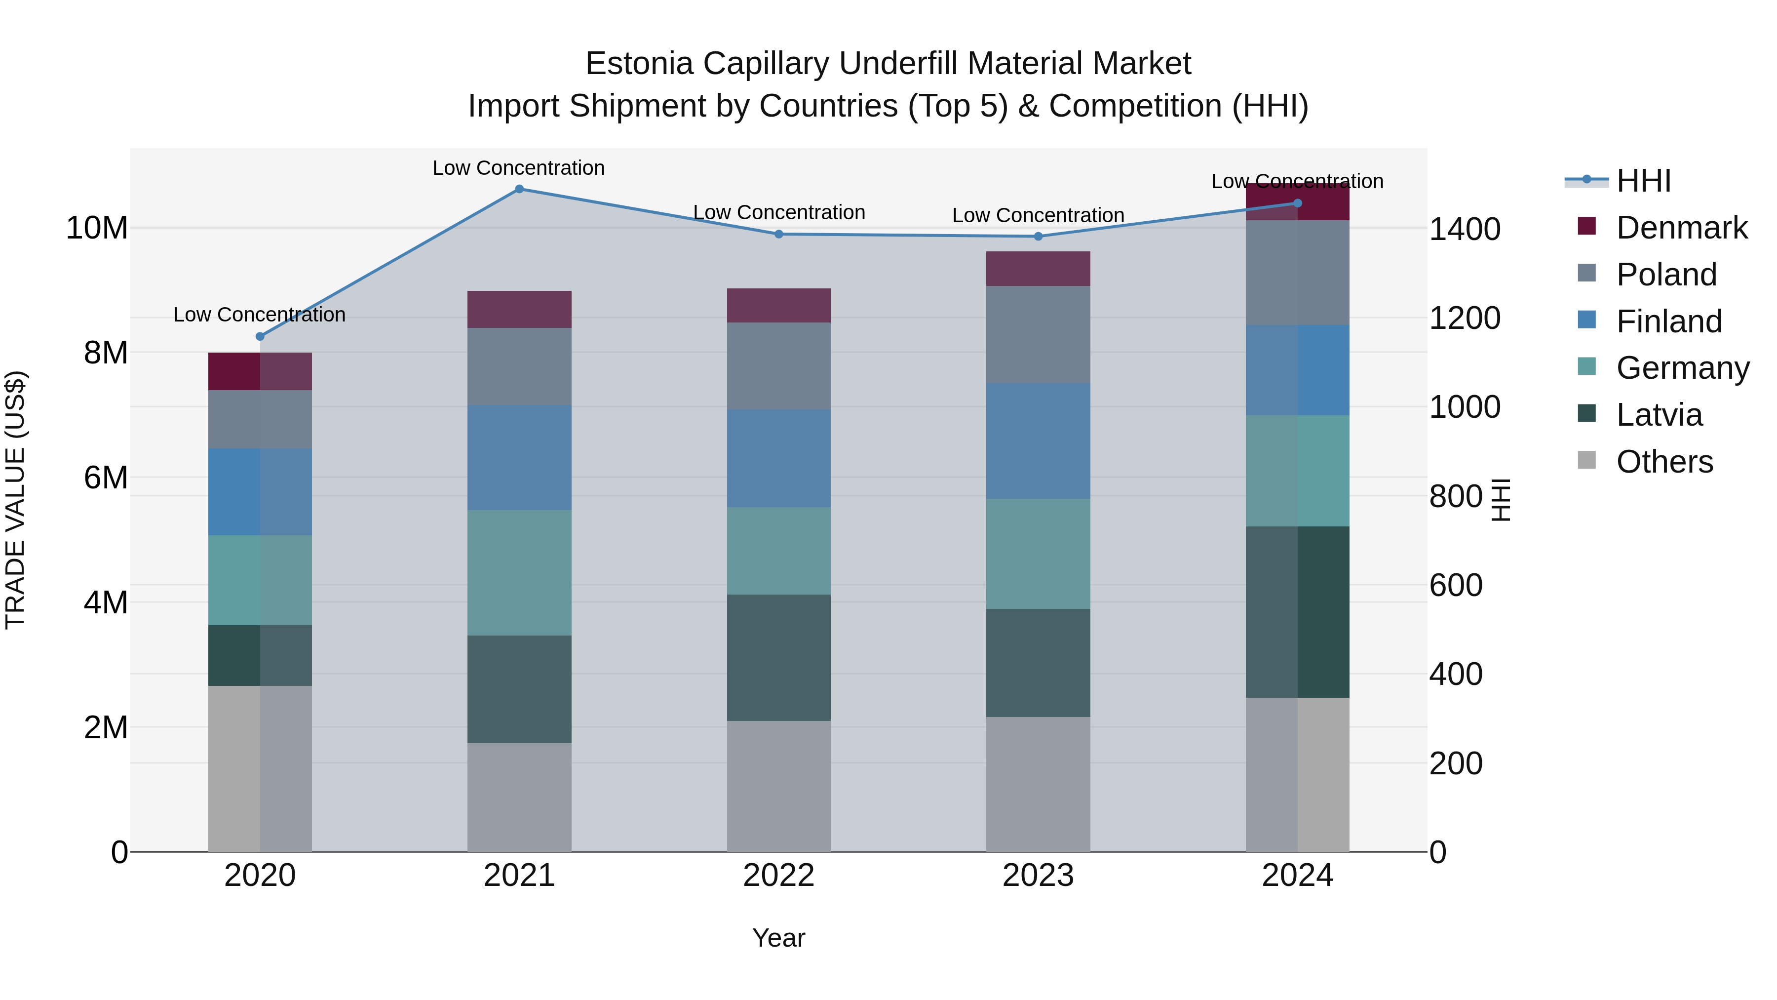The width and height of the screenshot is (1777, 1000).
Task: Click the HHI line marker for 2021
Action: [519, 189]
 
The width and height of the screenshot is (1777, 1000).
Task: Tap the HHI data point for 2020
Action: [260, 337]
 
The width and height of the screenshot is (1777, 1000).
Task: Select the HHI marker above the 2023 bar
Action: [1038, 237]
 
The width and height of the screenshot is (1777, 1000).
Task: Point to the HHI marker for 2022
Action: [779, 234]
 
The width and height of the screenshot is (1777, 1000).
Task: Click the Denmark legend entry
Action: [1681, 228]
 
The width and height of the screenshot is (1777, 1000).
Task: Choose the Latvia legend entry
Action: [1659, 415]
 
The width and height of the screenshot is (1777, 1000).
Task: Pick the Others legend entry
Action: [1664, 462]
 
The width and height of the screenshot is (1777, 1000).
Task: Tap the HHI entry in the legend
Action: [1643, 181]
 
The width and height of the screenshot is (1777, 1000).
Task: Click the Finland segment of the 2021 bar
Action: [519, 458]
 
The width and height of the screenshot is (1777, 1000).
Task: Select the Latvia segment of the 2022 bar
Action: [779, 658]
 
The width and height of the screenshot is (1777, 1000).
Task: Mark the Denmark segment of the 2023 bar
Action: [1038, 269]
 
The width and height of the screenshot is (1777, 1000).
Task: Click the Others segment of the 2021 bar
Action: [519, 797]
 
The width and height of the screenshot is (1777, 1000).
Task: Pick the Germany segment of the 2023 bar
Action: [1038, 554]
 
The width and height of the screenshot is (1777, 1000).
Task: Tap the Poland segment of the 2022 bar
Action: [779, 366]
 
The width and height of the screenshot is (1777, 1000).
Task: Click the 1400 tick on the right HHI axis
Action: [1465, 229]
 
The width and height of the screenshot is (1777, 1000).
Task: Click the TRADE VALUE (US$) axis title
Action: [15, 500]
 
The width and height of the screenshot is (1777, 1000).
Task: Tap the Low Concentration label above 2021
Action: [519, 168]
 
